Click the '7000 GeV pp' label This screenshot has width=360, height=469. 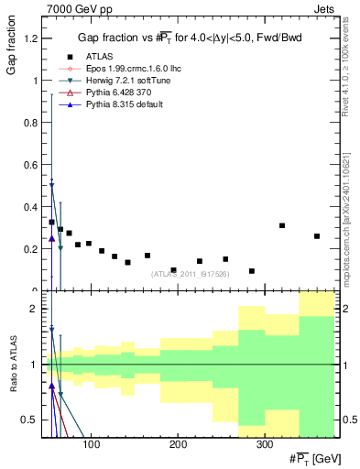73,8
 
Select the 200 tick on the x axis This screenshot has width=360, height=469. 177,443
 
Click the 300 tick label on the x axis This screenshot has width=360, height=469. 263,443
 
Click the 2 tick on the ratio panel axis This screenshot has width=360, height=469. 34,309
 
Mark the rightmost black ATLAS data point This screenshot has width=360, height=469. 317,236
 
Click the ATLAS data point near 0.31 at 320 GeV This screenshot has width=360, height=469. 282,225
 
